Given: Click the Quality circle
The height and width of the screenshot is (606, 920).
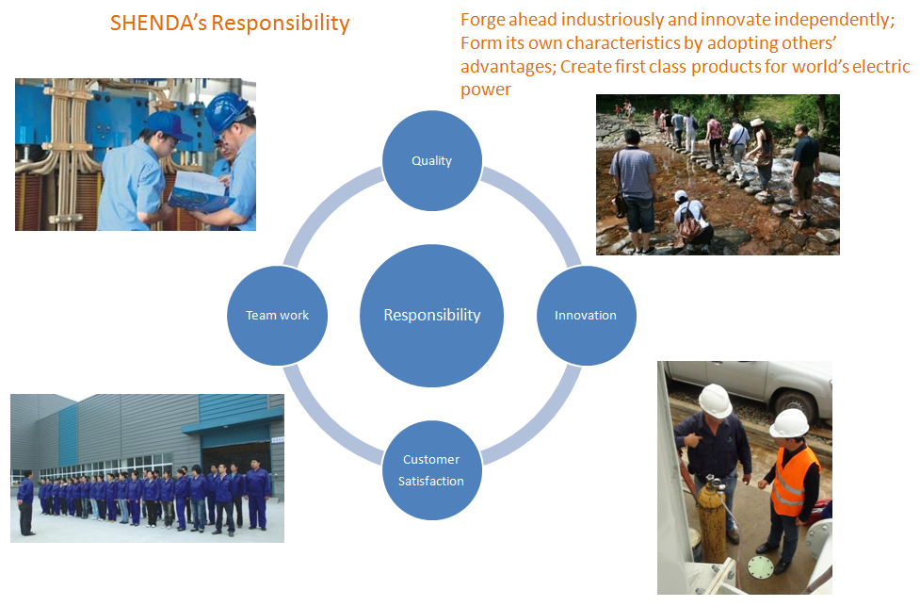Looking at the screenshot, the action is tap(432, 160).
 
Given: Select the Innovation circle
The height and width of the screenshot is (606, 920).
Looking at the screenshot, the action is tap(586, 316).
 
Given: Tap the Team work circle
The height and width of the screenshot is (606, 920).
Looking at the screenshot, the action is tap(277, 316).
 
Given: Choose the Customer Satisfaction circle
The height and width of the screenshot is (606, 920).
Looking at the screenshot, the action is tap(432, 469).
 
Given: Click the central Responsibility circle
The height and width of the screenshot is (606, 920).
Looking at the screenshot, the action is tap(432, 316).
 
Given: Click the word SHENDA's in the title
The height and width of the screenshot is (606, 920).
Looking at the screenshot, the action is tap(158, 23).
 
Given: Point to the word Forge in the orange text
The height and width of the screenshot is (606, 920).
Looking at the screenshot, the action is tap(483, 20).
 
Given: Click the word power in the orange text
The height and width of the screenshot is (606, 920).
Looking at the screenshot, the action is tap(486, 90).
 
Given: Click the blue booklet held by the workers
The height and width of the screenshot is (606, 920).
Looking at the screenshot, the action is tap(200, 191).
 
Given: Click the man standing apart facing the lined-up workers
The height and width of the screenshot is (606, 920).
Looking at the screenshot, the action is tap(25, 502).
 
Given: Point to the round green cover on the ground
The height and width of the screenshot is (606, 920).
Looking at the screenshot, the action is tap(761, 568).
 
